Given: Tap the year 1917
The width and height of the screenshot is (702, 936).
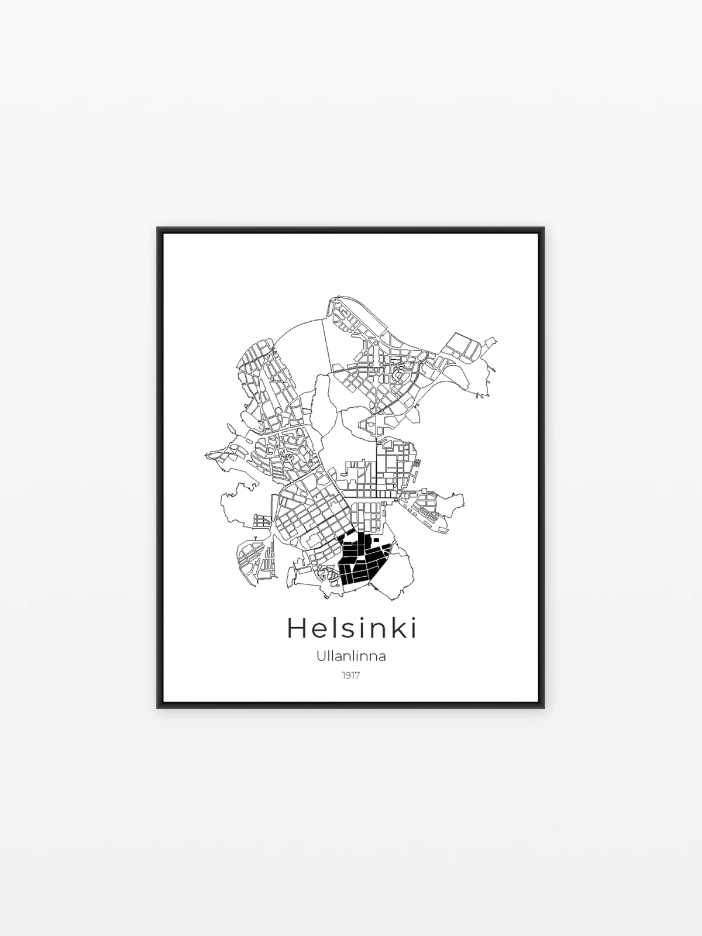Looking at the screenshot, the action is (350, 687).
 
